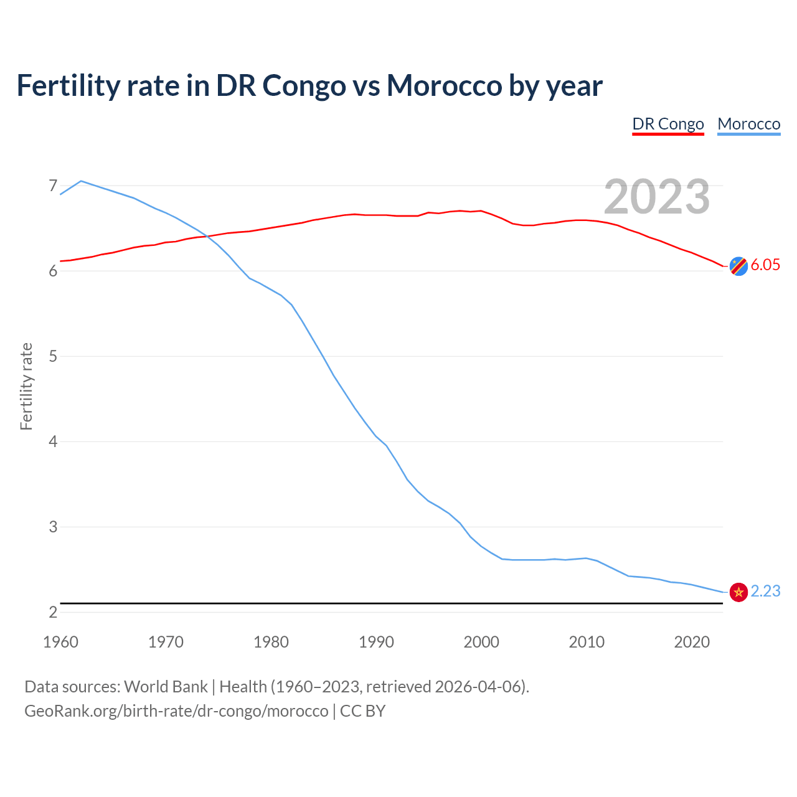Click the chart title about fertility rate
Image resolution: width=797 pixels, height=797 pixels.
point(309,85)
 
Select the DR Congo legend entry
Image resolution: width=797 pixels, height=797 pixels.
point(668,124)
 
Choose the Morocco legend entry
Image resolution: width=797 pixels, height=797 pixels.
point(748,124)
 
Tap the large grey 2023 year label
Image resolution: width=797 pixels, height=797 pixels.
point(657,197)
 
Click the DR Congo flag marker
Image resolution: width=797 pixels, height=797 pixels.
point(738,266)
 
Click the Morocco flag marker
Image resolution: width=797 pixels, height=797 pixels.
point(738,592)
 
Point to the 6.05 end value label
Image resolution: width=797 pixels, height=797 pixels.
point(765,265)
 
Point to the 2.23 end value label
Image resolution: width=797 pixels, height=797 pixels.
point(765,591)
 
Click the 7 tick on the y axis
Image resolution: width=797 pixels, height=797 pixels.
point(53,186)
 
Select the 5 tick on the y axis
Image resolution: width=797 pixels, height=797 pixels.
point(53,356)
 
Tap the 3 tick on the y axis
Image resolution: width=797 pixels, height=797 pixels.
point(53,527)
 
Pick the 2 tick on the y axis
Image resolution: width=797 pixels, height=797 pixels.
point(53,612)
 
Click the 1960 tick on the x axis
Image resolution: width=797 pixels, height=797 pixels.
point(60,642)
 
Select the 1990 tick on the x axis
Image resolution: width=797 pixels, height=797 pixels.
point(376,642)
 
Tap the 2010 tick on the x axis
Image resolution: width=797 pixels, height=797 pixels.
point(587,642)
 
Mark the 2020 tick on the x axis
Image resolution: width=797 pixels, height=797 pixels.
point(692,642)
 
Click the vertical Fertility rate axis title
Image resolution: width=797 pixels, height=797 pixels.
point(26,386)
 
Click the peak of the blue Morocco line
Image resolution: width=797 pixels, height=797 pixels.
point(81,181)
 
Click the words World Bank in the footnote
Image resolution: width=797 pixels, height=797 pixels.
point(166,687)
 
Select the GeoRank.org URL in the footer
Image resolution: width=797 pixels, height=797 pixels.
point(176,710)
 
